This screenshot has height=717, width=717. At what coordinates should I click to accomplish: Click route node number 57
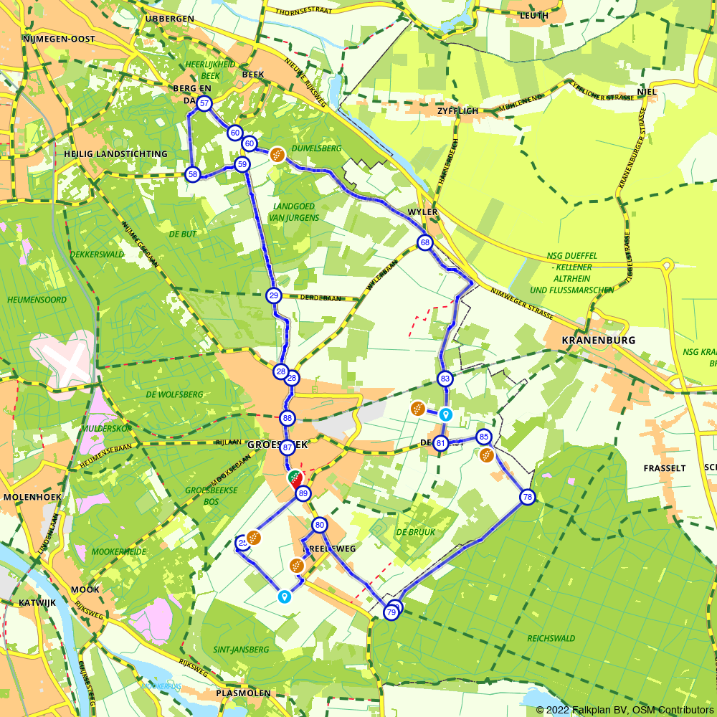(x=204, y=104)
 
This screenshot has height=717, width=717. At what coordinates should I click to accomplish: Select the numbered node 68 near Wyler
(x=425, y=243)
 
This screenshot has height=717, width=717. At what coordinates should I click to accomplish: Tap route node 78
(x=527, y=497)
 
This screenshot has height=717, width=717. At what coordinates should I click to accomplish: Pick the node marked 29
(x=273, y=295)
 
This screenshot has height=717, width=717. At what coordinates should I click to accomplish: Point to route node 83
(x=445, y=379)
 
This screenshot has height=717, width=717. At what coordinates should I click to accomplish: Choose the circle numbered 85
(x=484, y=437)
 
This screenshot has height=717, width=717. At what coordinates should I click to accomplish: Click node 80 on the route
(x=320, y=525)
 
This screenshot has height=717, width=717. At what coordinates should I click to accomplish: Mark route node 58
(x=192, y=174)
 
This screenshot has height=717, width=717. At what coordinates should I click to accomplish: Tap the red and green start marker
(x=295, y=478)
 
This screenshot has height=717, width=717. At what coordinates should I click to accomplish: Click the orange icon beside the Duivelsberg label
(x=277, y=154)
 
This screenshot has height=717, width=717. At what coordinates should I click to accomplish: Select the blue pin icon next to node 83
(x=445, y=414)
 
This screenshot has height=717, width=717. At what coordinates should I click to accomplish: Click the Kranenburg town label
(x=599, y=341)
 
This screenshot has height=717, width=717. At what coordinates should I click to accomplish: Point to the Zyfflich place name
(x=457, y=112)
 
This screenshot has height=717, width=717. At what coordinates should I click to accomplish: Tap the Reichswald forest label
(x=551, y=638)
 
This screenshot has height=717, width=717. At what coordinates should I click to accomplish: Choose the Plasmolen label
(x=243, y=693)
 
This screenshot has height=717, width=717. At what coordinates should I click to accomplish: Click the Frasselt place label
(x=665, y=468)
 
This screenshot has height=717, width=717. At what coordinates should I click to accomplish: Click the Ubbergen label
(x=169, y=19)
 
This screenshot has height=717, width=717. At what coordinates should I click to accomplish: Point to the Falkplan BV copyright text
(x=623, y=710)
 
